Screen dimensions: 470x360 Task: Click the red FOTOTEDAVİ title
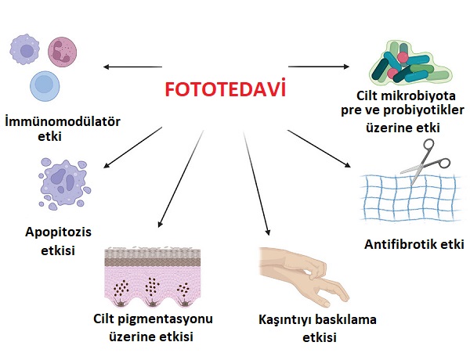[225, 88]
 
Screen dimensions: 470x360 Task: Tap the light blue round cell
[45, 86]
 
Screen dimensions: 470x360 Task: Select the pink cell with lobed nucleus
[63, 52]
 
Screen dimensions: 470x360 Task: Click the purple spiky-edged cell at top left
[25, 49]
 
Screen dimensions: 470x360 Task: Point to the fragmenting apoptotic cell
[64, 184]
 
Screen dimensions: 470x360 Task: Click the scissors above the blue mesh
[425, 161]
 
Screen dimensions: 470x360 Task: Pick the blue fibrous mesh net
[410, 198]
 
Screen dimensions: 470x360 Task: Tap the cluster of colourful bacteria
[410, 64]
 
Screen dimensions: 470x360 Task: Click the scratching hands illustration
[304, 277]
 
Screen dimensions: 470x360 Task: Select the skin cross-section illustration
[152, 277]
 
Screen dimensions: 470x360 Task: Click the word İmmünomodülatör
[63, 121]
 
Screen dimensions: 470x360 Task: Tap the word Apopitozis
[58, 232]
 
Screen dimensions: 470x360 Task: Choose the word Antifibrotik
[398, 244]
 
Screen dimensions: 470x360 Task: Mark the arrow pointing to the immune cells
[133, 67]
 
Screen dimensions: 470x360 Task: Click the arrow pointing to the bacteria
[319, 67]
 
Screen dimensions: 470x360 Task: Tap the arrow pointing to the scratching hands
[257, 184]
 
